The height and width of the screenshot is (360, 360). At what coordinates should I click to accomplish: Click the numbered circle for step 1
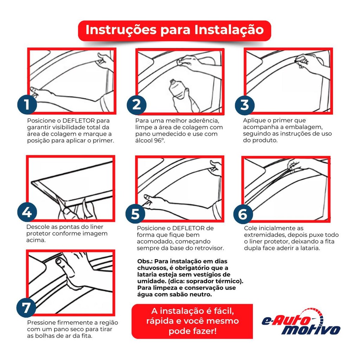point(27,104)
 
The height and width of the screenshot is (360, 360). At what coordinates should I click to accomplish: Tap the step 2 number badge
point(137,105)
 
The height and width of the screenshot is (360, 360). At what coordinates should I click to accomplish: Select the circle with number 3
point(245,105)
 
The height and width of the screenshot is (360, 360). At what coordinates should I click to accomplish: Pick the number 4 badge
point(27,212)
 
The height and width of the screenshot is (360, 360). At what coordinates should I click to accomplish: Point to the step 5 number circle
point(135,213)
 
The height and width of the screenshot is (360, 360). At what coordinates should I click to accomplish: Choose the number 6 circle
point(243,214)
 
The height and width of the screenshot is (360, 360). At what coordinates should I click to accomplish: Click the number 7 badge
point(26,308)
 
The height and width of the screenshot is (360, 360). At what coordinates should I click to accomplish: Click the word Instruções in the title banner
point(121,30)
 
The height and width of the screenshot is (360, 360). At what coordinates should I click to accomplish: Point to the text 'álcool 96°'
point(150,141)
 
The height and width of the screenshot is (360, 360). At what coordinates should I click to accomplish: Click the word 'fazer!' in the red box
point(204,331)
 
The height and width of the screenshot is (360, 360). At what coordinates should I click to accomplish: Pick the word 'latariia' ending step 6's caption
point(310,248)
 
